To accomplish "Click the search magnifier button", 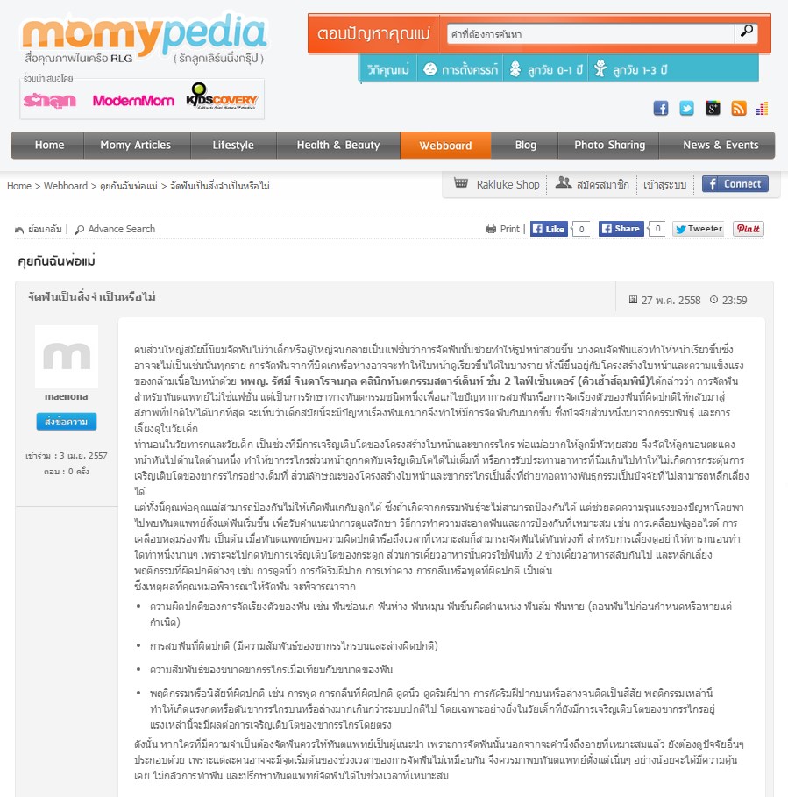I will (747, 32).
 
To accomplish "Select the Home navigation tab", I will (49, 146).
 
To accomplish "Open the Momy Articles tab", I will (135, 146).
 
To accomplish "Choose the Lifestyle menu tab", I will (233, 146).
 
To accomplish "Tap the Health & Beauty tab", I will (338, 146).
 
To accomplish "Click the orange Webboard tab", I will (445, 146).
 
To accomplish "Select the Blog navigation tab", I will (526, 146).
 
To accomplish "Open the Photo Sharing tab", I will (609, 146).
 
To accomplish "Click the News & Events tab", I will (721, 146).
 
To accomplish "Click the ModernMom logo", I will (133, 101).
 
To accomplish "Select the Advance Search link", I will (121, 229).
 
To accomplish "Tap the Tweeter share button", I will (698, 229).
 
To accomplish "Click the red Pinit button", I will (748, 229).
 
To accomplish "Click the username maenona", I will (66, 396).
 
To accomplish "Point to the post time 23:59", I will (735, 300).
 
